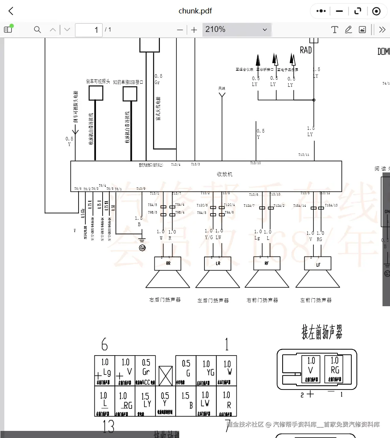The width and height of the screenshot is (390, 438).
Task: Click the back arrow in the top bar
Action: (11, 11)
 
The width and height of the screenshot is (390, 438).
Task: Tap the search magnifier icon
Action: (37, 30)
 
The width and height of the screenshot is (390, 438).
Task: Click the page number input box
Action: (89, 30)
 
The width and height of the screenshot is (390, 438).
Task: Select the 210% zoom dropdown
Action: (236, 30)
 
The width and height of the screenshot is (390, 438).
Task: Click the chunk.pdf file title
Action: (195, 11)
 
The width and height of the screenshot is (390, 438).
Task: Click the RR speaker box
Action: (168, 263)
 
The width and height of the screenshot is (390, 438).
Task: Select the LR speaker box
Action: (218, 263)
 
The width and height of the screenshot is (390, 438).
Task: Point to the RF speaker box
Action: (267, 263)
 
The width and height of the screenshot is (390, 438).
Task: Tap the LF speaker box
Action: (318, 264)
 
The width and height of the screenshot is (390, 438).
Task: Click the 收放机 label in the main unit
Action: (225, 174)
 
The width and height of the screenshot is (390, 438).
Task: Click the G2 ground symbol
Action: (142, 248)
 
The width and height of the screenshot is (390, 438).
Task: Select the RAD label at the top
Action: (306, 50)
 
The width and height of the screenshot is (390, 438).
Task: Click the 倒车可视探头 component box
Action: (96, 93)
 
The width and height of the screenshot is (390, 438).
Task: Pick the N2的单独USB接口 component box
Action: (130, 94)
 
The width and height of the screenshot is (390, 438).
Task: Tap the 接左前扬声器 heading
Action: (322, 332)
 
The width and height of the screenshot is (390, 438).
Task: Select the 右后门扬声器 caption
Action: (165, 300)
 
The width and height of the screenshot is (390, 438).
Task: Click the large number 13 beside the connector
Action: (108, 427)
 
